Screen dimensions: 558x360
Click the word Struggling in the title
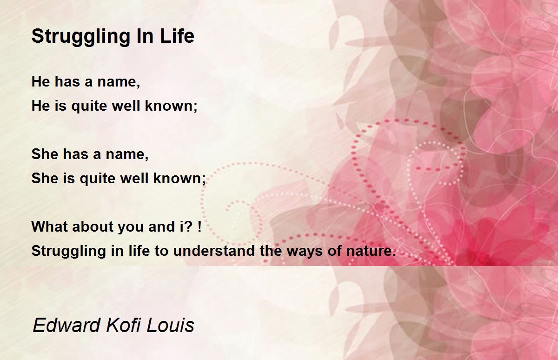pyautogui.click(x=81, y=37)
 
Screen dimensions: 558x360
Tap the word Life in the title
pyautogui.click(x=177, y=36)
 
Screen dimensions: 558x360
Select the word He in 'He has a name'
pyautogui.click(x=40, y=81)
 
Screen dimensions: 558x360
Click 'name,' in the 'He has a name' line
pyautogui.click(x=119, y=82)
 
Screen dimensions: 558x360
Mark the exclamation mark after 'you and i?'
pyautogui.click(x=199, y=227)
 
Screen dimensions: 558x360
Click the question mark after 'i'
pyautogui.click(x=189, y=227)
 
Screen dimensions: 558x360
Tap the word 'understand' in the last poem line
pyautogui.click(x=214, y=250)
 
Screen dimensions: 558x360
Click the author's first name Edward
pyautogui.click(x=66, y=325)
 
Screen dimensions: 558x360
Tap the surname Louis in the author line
pyautogui.click(x=170, y=325)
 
